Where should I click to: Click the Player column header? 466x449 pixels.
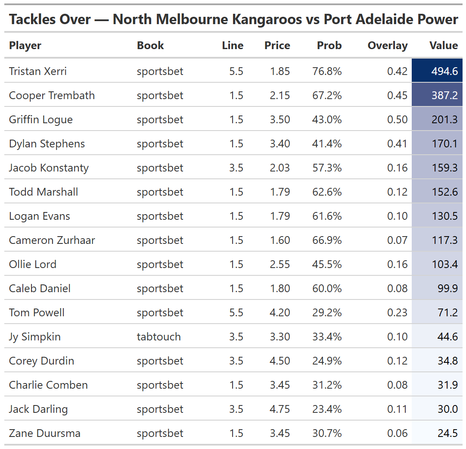coord(25,46)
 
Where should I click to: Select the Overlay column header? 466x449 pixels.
coord(387,46)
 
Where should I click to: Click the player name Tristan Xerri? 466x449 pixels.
coord(38,71)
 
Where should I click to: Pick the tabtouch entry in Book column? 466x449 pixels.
coord(158,337)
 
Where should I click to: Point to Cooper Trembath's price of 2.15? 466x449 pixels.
coord(280,95)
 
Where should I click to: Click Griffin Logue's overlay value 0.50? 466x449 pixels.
coord(397,119)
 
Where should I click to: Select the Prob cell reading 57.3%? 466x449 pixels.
coord(327,168)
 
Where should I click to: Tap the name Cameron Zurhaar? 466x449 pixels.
coord(52,240)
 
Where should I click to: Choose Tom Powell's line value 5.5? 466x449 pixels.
coord(236,312)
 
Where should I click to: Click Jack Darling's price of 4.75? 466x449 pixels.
coord(280,409)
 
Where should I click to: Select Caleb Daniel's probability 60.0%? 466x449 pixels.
coord(327,288)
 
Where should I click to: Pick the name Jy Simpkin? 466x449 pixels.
coord(34,337)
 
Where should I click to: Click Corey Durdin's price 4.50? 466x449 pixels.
coord(280,361)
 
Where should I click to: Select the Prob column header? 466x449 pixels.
coord(329,46)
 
